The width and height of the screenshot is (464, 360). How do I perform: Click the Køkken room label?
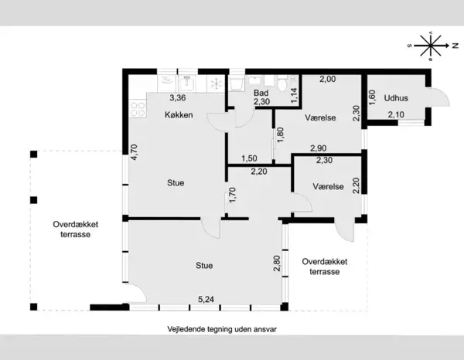click(179, 114)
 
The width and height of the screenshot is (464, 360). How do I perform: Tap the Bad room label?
click(261, 93)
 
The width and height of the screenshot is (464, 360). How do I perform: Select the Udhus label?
click(396, 98)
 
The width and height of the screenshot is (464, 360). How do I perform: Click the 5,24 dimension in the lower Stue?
click(206, 300)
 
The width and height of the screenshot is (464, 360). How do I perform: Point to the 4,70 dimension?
click(134, 152)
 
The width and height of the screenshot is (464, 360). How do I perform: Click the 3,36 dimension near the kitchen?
click(178, 97)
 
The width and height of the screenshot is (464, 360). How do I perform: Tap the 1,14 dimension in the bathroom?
click(295, 96)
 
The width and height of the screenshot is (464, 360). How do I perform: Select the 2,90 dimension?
click(319, 148)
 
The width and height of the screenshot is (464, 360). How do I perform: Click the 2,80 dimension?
click(277, 263)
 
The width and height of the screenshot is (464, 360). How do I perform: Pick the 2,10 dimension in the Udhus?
click(396, 114)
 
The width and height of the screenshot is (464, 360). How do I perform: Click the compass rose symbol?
click(431, 46)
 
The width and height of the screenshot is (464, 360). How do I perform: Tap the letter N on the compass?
click(455, 46)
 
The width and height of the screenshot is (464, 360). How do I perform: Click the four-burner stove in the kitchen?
click(138, 109)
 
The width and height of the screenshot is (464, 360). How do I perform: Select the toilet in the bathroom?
click(282, 83)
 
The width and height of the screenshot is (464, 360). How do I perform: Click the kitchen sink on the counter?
click(186, 83)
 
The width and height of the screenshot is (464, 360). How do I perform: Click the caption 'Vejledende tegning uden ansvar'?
click(222, 329)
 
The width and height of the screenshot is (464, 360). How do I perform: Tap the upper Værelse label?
click(320, 117)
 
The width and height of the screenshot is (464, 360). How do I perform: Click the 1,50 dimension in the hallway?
click(249, 158)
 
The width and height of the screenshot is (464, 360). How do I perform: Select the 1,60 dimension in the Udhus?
click(372, 97)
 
